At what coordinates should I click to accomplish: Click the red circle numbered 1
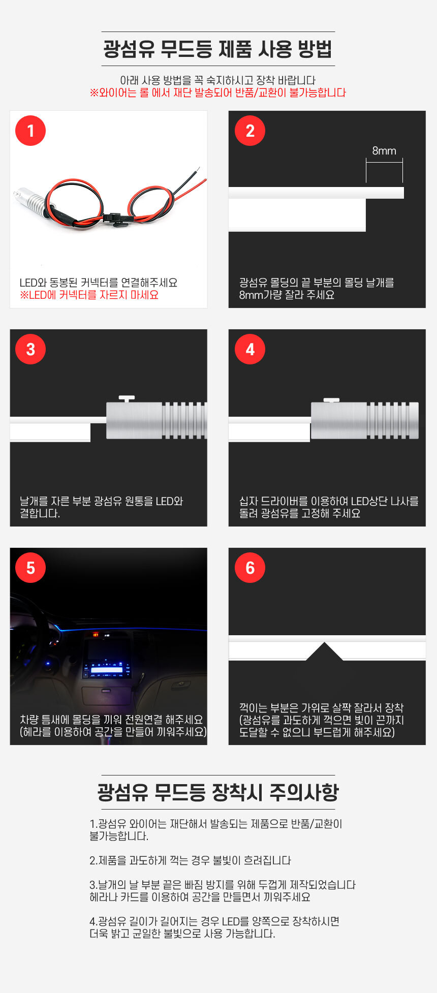pos(30,131)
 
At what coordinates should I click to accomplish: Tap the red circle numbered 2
pos(250,131)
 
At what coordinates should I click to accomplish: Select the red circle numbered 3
pos(30,349)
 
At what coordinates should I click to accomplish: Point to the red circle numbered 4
pos(250,349)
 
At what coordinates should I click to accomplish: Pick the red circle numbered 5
pos(30,568)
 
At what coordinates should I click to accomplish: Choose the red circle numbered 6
pos(250,568)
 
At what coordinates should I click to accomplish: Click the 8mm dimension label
pos(384,150)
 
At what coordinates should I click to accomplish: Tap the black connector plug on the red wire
pos(117,218)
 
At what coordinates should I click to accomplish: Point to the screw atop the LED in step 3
pos(127,399)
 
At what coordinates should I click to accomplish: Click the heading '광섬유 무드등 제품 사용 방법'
pos(218,49)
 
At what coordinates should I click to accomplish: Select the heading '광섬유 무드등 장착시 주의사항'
pos(218,792)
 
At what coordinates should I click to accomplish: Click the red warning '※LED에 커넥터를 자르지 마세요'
pos(89,295)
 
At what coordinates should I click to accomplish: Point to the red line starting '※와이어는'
pos(218,92)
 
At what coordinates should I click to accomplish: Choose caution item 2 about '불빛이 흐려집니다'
pos(190,860)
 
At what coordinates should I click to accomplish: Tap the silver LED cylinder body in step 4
pos(365,420)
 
